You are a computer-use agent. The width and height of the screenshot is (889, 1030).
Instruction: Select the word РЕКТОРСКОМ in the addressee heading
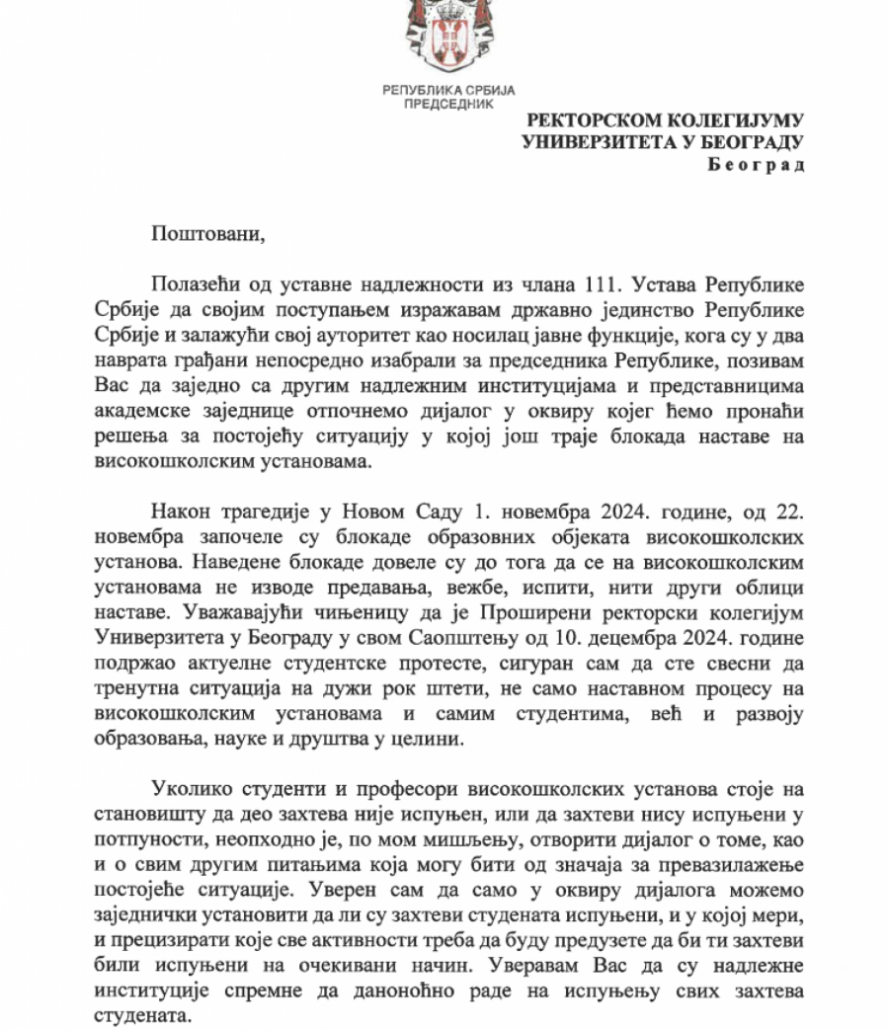pos(591,120)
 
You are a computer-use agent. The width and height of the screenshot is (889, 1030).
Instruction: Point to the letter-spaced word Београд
pos(757,164)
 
